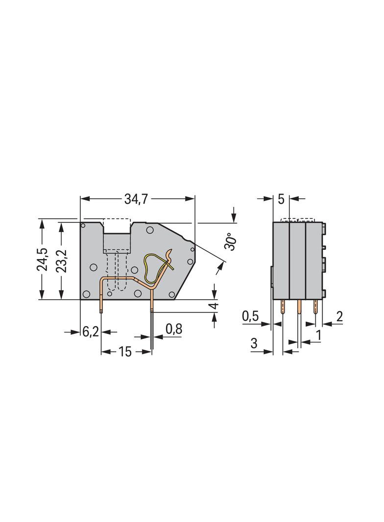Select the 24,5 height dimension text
[x=43, y=259]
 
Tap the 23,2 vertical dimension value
[x=61, y=259]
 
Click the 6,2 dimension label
[x=91, y=332]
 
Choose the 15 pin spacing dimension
[x=125, y=352]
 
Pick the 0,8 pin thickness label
[x=173, y=329]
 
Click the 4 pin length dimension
[x=214, y=307]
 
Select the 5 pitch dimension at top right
[x=281, y=199]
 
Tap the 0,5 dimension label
[x=250, y=317]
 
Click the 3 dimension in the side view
[x=254, y=344]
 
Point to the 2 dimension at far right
[x=339, y=317]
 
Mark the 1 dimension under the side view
[x=319, y=335]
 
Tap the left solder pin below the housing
[x=101, y=306]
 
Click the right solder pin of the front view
[x=152, y=306]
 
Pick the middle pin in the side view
[x=298, y=307]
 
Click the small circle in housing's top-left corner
[x=84, y=226]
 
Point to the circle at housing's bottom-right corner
[x=172, y=294]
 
